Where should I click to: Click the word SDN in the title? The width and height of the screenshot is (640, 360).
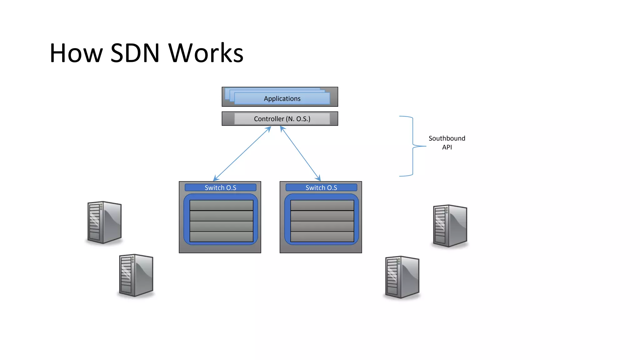click(x=135, y=53)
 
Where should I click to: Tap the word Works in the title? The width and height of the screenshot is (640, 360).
click(x=206, y=53)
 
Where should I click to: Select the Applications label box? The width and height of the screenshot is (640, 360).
click(x=282, y=99)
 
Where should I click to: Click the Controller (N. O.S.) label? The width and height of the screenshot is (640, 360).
click(x=282, y=119)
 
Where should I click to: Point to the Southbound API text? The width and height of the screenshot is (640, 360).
click(x=447, y=142)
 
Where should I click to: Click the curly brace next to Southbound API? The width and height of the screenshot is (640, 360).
click(x=412, y=146)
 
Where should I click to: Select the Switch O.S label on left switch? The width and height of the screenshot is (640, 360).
click(x=220, y=187)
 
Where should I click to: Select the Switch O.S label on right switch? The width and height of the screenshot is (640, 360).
click(x=321, y=187)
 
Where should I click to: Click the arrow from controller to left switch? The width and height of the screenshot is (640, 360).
click(x=242, y=153)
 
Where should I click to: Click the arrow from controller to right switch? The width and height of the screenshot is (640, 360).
click(x=300, y=153)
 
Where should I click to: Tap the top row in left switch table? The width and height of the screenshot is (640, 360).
click(x=221, y=205)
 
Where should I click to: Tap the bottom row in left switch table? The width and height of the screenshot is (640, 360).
click(x=221, y=237)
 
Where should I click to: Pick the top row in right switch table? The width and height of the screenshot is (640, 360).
click(x=322, y=205)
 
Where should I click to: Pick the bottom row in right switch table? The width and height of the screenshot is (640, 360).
click(x=322, y=237)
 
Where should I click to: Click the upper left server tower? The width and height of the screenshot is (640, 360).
click(x=104, y=222)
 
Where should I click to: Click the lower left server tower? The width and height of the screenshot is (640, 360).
click(x=136, y=275)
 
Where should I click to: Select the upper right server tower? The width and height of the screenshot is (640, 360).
click(x=450, y=226)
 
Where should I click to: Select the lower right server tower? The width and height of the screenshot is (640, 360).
click(x=402, y=277)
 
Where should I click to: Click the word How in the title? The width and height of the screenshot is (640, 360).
click(x=76, y=53)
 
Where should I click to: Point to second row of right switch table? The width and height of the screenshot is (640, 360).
click(x=322, y=216)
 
